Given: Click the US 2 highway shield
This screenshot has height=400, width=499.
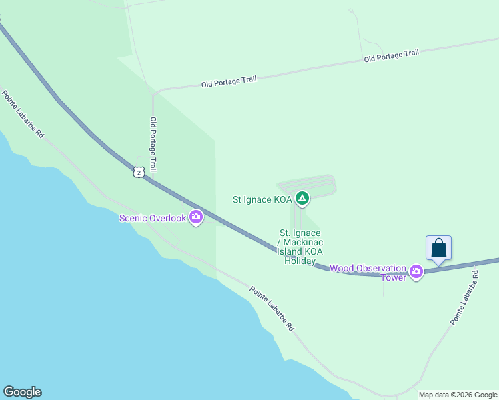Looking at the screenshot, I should coord(138,172).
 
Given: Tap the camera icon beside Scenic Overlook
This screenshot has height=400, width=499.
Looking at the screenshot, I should coord(196,217).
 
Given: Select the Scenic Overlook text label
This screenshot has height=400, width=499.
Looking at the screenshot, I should coord(152,218).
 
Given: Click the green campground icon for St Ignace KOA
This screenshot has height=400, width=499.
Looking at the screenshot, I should coord(302,198).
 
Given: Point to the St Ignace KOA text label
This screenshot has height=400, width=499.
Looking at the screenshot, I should coord(262,199).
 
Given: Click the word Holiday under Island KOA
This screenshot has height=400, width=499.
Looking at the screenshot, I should coord(300,261).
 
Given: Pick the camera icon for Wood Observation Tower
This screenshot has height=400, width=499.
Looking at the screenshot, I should coord(417,271).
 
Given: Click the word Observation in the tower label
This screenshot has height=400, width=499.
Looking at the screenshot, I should coord(379,268).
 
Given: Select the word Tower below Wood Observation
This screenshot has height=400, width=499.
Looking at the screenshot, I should coord(393,277).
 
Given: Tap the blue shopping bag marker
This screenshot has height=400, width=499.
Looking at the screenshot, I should coord(438,248).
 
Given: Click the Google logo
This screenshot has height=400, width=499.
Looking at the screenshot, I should coord(22,392).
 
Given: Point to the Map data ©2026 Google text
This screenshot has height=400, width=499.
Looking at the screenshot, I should coord(458,395).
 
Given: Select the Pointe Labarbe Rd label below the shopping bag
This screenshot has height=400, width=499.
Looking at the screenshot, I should coord(465,297).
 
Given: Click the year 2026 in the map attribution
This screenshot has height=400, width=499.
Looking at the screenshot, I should coord(464,395).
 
